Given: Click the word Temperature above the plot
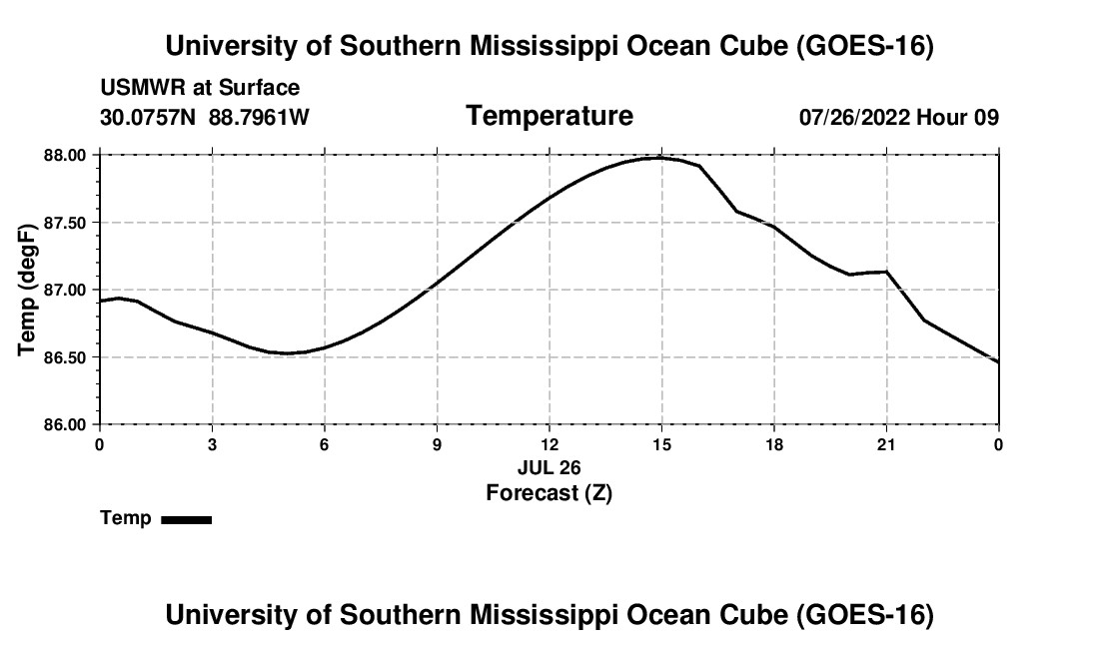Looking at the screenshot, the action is [x=549, y=116].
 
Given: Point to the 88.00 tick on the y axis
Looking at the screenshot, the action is [x=65, y=155].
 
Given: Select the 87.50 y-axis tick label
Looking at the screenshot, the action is [x=65, y=223].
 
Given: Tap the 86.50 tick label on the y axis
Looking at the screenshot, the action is [x=65, y=357].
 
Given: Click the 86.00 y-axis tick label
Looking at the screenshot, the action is [x=65, y=424].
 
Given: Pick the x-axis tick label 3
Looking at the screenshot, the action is [x=212, y=444].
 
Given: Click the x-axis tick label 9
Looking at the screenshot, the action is [x=437, y=444].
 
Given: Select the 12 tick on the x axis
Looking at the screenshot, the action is [x=549, y=444].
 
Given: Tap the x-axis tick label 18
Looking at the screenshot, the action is [x=774, y=444].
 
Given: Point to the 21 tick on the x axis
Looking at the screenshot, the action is [x=886, y=444].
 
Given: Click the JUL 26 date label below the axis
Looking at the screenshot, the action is [x=549, y=467].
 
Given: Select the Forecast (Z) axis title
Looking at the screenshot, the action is [x=549, y=493].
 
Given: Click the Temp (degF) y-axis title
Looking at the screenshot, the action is [x=27, y=290].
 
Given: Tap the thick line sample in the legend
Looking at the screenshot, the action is [x=187, y=519].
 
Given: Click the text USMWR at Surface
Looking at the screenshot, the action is [x=200, y=88].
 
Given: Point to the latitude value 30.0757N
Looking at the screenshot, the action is [x=148, y=117].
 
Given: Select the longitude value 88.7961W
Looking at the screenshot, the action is [x=259, y=117].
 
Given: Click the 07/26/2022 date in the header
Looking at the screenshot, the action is [x=853, y=117].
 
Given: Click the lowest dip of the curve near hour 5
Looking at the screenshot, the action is [x=288, y=352].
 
